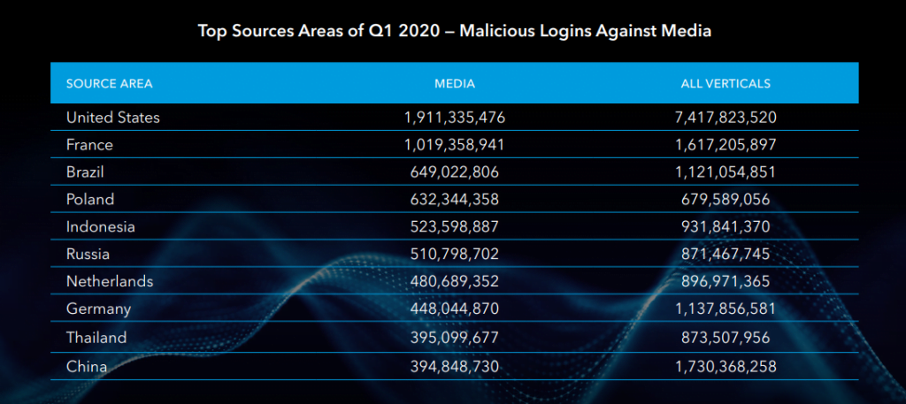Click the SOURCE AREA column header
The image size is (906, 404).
[109, 84]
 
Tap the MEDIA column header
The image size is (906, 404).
[455, 84]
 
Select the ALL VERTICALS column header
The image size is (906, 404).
[726, 84]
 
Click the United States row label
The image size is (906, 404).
[112, 117]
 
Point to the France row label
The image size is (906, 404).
[89, 144]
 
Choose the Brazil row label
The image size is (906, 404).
[87, 172]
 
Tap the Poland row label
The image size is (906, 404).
[90, 199]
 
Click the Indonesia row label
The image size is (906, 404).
[101, 226]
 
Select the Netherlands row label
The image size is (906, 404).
[110, 281]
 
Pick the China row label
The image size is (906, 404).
[87, 365]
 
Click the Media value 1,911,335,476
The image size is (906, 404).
[455, 117]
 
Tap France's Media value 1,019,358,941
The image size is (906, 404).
[455, 144]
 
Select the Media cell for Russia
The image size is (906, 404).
[455, 255]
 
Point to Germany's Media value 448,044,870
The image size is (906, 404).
[455, 309]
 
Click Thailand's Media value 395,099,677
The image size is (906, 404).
[455, 338]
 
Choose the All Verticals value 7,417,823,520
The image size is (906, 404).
[725, 117]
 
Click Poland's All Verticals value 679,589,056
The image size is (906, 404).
[725, 199]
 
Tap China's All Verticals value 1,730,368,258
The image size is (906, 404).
[725, 365]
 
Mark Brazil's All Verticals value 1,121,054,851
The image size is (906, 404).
[725, 172]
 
